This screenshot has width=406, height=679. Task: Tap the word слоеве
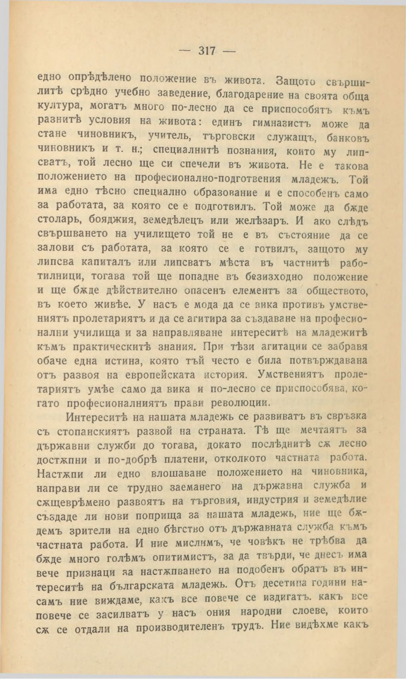point(308,612)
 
